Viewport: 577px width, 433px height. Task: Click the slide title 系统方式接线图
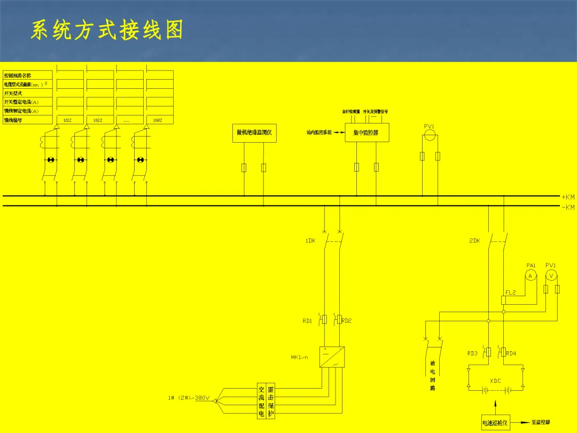pyautogui.click(x=107, y=30)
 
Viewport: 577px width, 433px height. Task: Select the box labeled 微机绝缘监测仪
pyautogui.click(x=254, y=133)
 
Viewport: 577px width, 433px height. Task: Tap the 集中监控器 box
pyautogui.click(x=367, y=133)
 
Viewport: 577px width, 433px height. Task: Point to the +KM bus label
pyautogui.click(x=568, y=197)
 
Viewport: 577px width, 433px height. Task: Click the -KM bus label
pyautogui.click(x=568, y=207)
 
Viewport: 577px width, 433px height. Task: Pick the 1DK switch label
pyautogui.click(x=310, y=241)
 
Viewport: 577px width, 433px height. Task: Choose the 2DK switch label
pyautogui.click(x=474, y=241)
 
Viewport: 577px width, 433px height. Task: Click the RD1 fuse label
pyautogui.click(x=307, y=321)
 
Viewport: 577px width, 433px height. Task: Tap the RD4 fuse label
pyautogui.click(x=511, y=353)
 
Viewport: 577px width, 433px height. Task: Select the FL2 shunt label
pyautogui.click(x=511, y=292)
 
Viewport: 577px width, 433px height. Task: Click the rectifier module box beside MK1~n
pyautogui.click(x=332, y=357)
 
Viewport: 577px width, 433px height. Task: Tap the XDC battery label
pyautogui.click(x=495, y=381)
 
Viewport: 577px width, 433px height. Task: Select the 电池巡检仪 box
pyautogui.click(x=495, y=423)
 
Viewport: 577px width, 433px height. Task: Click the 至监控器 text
pyautogui.click(x=541, y=422)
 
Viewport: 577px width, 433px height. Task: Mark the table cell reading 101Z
pyautogui.click(x=67, y=120)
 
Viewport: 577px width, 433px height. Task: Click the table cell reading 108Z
pyautogui.click(x=158, y=120)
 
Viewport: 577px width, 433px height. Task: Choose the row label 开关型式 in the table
pyautogui.click(x=13, y=93)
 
